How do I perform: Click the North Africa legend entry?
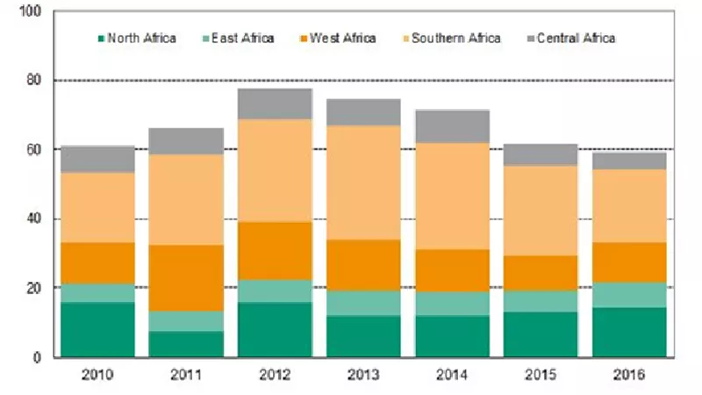137,38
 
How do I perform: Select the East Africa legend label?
238,38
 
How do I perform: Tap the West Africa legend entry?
338,38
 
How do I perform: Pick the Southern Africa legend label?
452,38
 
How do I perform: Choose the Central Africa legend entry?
571,38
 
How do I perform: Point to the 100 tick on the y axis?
31,11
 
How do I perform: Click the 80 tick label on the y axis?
33,81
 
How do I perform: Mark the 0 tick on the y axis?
37,357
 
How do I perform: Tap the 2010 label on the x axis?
97,375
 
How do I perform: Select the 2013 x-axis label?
363,375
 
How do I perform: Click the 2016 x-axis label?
629,375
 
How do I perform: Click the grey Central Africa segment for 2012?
275,104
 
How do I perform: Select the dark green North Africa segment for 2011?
186,344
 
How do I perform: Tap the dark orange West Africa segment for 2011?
186,278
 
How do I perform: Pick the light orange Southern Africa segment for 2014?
452,196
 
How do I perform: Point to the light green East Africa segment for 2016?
629,295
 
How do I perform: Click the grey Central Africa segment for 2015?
541,155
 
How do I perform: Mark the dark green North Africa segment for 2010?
97,330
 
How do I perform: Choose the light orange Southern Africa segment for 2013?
363,183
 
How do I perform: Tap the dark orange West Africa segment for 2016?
629,262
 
